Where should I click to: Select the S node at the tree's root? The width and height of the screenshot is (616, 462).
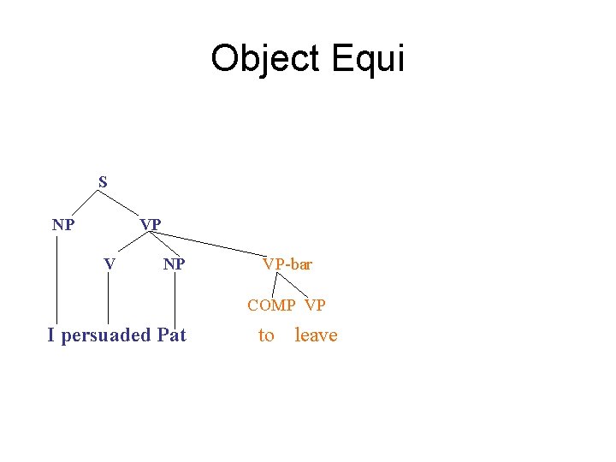click(103, 182)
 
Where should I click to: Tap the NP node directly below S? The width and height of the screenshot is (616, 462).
click(62, 226)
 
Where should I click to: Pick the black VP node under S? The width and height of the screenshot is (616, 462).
click(151, 225)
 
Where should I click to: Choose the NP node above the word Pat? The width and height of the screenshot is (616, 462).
click(175, 264)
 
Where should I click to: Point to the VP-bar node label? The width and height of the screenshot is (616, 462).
click(287, 264)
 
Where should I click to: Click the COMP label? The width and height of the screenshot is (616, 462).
click(271, 305)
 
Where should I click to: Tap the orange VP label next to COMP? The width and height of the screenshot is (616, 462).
click(315, 305)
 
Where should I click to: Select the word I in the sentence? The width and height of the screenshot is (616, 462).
click(51, 335)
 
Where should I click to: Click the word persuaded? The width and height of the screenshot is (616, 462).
click(105, 335)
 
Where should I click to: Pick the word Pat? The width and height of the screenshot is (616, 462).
click(171, 335)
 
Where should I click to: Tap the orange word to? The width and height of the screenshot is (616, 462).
click(266, 335)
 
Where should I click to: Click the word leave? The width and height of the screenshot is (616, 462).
click(316, 335)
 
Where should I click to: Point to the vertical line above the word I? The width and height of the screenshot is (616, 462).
click(57, 282)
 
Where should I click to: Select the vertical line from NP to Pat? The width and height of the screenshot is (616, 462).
click(175, 299)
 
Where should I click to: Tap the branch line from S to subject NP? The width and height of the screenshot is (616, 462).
click(84, 203)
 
